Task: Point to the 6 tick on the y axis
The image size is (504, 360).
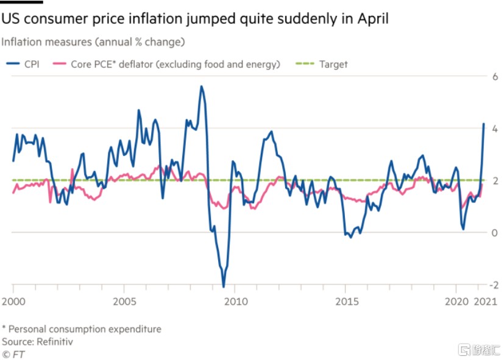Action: pyautogui.click(x=495, y=77)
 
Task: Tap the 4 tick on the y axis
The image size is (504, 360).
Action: pyautogui.click(x=495, y=129)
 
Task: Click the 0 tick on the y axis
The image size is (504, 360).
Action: pyautogui.click(x=495, y=233)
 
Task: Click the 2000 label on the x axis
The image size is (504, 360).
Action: pyautogui.click(x=13, y=302)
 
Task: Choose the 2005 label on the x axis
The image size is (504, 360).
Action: pyautogui.click(x=124, y=302)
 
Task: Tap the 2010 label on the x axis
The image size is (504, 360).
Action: pyautogui.click(x=236, y=302)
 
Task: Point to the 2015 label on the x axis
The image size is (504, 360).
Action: pyautogui.click(x=347, y=302)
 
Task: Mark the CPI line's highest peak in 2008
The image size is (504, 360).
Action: pyautogui.click(x=201, y=86)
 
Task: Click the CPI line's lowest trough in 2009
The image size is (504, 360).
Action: pyautogui.click(x=224, y=286)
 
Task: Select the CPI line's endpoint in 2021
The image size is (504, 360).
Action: pyautogui.click(x=484, y=124)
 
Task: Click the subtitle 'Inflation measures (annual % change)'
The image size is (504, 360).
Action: pyautogui.click(x=93, y=42)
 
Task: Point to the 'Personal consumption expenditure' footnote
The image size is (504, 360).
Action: pyautogui.click(x=85, y=329)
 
